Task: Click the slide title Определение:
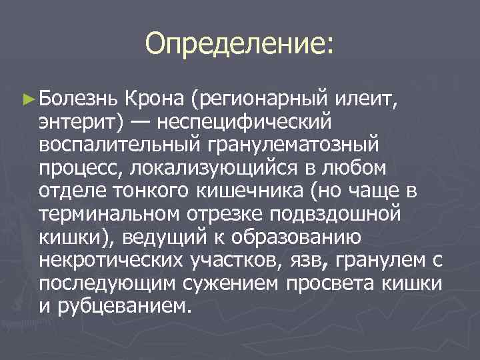239,45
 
